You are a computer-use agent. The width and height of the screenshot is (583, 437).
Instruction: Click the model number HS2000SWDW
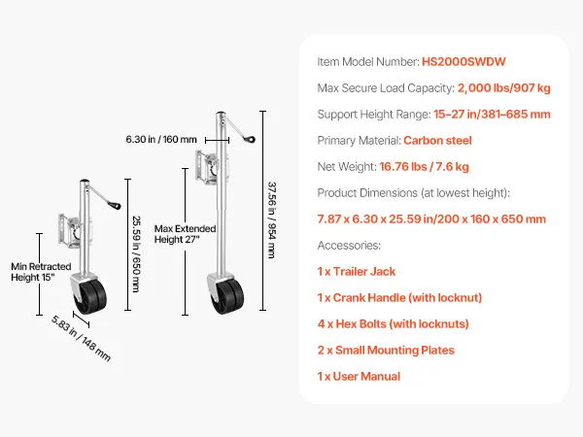(463, 62)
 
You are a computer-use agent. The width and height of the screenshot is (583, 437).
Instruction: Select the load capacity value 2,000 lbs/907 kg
(503, 88)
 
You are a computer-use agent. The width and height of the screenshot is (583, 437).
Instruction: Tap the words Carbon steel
(437, 141)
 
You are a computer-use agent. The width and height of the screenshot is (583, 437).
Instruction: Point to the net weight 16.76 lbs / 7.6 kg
(424, 167)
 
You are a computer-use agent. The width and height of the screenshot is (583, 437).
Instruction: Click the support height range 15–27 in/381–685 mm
(492, 114)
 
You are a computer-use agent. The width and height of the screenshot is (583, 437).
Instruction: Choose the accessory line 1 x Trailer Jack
(357, 272)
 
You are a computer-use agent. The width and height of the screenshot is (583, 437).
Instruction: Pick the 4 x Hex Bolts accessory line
(393, 324)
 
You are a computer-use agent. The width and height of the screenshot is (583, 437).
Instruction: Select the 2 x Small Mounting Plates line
(386, 350)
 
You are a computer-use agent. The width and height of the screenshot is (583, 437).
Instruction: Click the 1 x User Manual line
(359, 377)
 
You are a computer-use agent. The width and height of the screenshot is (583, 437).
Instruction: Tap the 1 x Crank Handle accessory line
(399, 298)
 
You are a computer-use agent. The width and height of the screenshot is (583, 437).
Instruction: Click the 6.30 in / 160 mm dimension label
(161, 139)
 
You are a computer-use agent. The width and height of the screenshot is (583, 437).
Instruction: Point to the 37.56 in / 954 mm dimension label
(272, 220)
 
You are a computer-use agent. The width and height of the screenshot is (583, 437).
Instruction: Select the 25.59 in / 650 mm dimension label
(136, 254)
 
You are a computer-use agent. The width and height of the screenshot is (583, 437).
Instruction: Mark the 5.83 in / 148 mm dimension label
(81, 338)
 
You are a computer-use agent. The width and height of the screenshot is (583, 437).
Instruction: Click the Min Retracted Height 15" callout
(41, 272)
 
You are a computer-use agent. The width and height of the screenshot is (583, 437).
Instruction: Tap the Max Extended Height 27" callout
(185, 234)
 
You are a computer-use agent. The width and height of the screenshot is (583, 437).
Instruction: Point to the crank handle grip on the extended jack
(250, 139)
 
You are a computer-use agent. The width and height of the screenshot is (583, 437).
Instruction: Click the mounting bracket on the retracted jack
(70, 230)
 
